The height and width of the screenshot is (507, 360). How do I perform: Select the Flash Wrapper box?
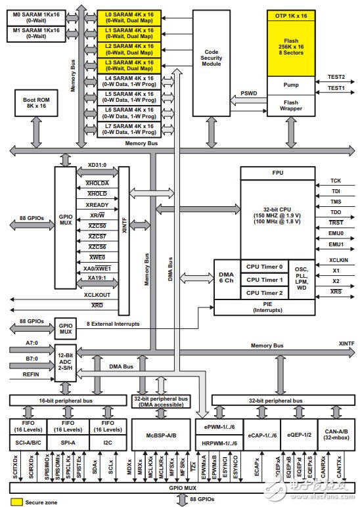pos(291,106)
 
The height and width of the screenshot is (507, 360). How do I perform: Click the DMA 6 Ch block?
pos(225,278)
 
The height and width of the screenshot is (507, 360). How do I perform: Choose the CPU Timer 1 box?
pos(262,279)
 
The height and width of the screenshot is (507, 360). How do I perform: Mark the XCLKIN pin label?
pos(338,260)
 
